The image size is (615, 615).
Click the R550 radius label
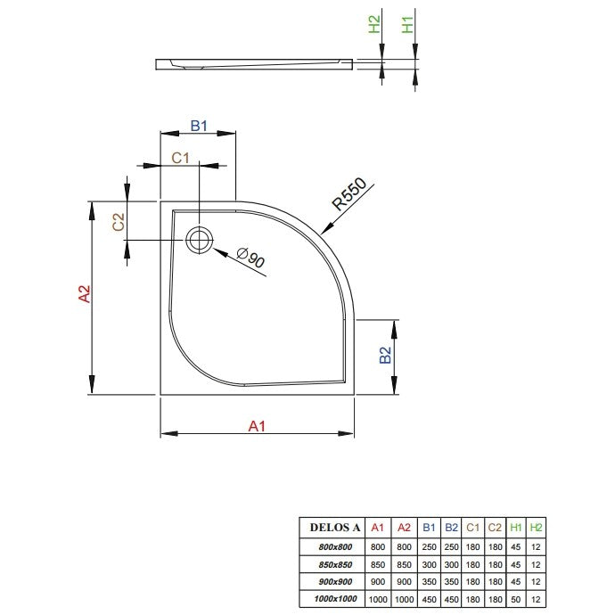348,194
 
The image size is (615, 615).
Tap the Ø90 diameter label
251,258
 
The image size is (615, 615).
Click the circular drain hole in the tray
200,240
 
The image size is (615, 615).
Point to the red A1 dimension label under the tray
257,426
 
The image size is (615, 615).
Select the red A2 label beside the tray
85,294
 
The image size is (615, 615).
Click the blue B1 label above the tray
199,126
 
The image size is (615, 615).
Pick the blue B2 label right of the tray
386,356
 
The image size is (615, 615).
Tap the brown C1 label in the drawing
180,158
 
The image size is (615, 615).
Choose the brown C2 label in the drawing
118,222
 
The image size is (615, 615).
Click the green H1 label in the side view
408,25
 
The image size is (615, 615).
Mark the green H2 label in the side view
374,24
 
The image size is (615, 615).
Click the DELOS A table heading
335,528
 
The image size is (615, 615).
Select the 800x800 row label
335,546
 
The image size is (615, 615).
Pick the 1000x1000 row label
335,599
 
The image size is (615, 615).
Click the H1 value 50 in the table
516,599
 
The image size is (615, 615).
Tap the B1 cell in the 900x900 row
429,582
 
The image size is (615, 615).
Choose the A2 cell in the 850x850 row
404,564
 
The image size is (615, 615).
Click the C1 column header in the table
472,528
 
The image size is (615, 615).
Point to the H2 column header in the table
536,528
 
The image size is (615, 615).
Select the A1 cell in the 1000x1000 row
378,599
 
